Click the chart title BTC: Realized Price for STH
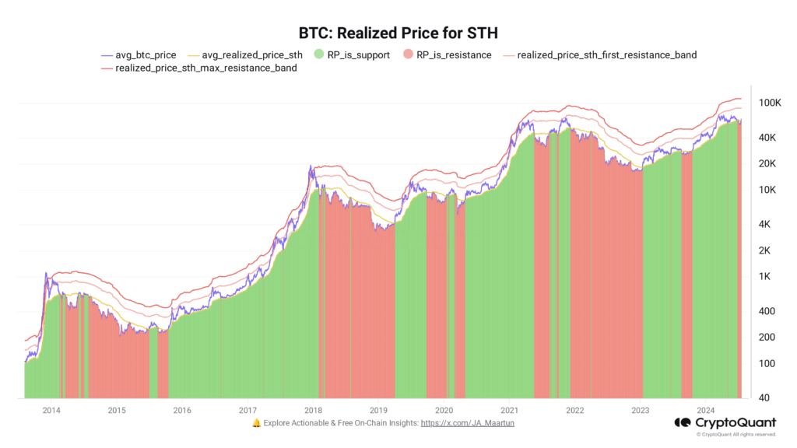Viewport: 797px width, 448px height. coord(398,33)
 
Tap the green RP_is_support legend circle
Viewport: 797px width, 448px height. coord(319,55)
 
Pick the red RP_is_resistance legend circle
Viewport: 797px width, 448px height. coord(409,55)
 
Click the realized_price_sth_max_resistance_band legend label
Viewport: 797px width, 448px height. coord(205,68)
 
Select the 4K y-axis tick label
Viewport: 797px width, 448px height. coord(770,224)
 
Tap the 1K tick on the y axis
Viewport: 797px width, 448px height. coord(770,276)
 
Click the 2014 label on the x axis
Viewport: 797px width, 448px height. coord(51,410)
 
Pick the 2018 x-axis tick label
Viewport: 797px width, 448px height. coord(314,410)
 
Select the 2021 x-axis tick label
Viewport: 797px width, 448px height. coord(510,410)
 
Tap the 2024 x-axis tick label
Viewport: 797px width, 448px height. coord(706,410)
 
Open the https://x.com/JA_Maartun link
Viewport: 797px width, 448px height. coord(467,423)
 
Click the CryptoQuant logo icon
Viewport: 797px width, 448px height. coord(683,422)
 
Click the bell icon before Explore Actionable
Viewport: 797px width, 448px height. coord(256,423)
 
